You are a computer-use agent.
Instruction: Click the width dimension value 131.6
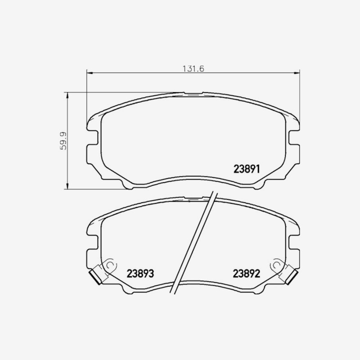(x=193, y=69)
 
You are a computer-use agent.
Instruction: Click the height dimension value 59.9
(x=63, y=141)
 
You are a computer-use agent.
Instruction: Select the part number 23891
(x=247, y=169)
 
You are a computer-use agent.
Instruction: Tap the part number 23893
(x=140, y=274)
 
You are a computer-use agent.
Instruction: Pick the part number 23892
(x=247, y=274)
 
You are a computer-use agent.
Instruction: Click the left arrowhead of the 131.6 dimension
(x=90, y=73)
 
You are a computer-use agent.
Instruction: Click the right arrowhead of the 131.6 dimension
(x=297, y=73)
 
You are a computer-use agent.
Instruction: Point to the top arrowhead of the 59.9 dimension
(x=67, y=95)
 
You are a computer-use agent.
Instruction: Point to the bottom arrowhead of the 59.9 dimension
(x=67, y=186)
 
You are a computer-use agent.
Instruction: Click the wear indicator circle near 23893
(x=110, y=265)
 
